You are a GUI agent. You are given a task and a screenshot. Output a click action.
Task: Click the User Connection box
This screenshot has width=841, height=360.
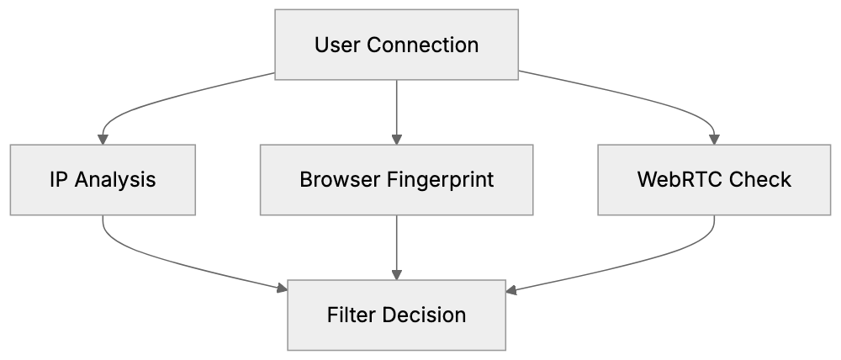[397, 45]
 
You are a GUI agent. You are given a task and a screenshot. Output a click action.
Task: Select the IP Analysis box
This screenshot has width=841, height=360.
[103, 179]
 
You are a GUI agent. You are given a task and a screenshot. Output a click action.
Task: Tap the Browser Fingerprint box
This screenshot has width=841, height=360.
[397, 179]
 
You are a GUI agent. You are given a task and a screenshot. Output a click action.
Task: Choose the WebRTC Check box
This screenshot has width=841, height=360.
[714, 179]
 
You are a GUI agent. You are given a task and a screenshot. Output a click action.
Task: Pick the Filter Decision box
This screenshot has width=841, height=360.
[397, 315]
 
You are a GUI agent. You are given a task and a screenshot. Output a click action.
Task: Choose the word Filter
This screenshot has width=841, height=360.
[351, 315]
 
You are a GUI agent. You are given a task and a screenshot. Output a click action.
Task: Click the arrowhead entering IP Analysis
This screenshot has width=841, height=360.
[103, 139]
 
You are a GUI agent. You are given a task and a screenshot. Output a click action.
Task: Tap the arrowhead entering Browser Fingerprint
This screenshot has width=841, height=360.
[397, 139]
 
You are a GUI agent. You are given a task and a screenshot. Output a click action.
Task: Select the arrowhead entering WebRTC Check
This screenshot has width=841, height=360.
[714, 139]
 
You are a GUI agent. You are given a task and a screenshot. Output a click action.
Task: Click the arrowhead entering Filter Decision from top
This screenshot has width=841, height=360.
[397, 275]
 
